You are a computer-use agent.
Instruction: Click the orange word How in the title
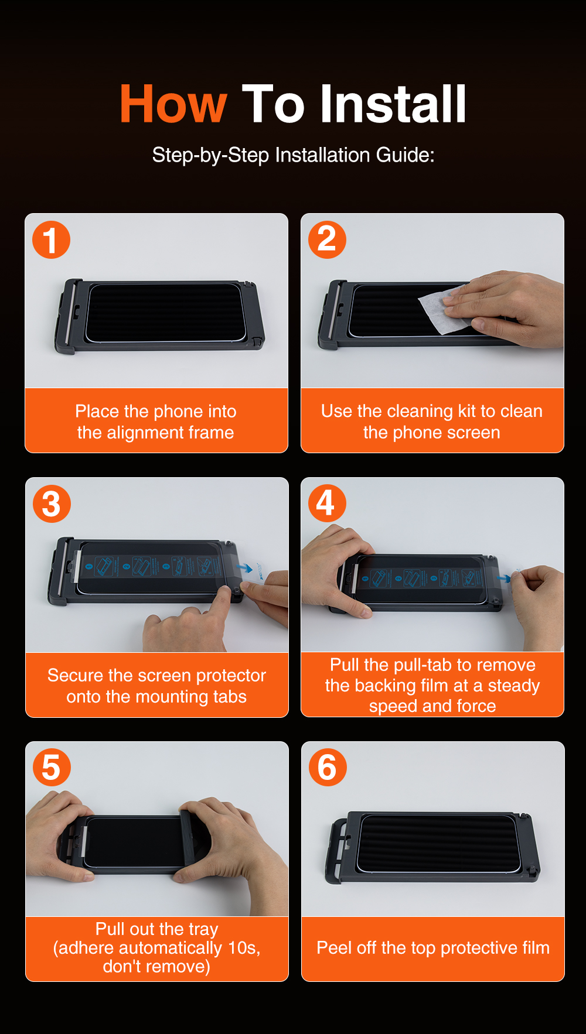coord(173,104)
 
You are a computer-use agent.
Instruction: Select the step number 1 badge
coord(51,239)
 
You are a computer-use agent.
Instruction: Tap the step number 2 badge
coord(327,239)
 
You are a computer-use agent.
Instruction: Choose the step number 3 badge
coord(52,504)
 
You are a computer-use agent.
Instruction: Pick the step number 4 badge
coord(327,503)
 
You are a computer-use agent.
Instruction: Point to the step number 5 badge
coord(52,768)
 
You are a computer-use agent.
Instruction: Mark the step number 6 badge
coord(328,767)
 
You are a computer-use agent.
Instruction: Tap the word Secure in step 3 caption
coord(76,676)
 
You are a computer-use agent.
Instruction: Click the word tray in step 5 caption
coord(203,929)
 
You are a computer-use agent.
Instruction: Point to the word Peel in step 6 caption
coord(333,947)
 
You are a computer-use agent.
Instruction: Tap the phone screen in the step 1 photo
coord(165,313)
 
